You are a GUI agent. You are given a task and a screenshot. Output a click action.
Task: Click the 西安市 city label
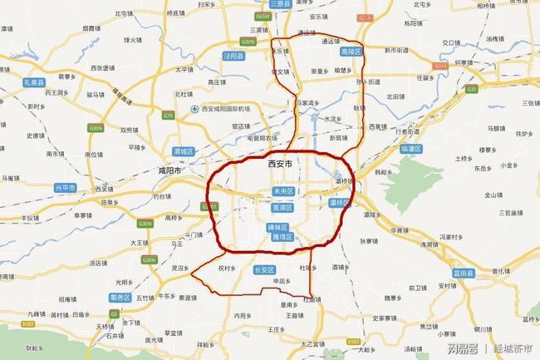tap(281, 164)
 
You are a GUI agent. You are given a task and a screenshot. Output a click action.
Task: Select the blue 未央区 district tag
tap(284, 191)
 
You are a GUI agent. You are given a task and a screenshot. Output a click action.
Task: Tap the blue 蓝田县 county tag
tap(462, 272)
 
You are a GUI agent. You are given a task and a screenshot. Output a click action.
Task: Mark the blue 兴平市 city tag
tap(63, 188)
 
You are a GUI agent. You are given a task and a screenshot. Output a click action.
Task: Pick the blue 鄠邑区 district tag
tap(120, 297)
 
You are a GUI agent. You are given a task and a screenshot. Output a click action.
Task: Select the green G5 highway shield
tap(114, 314)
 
